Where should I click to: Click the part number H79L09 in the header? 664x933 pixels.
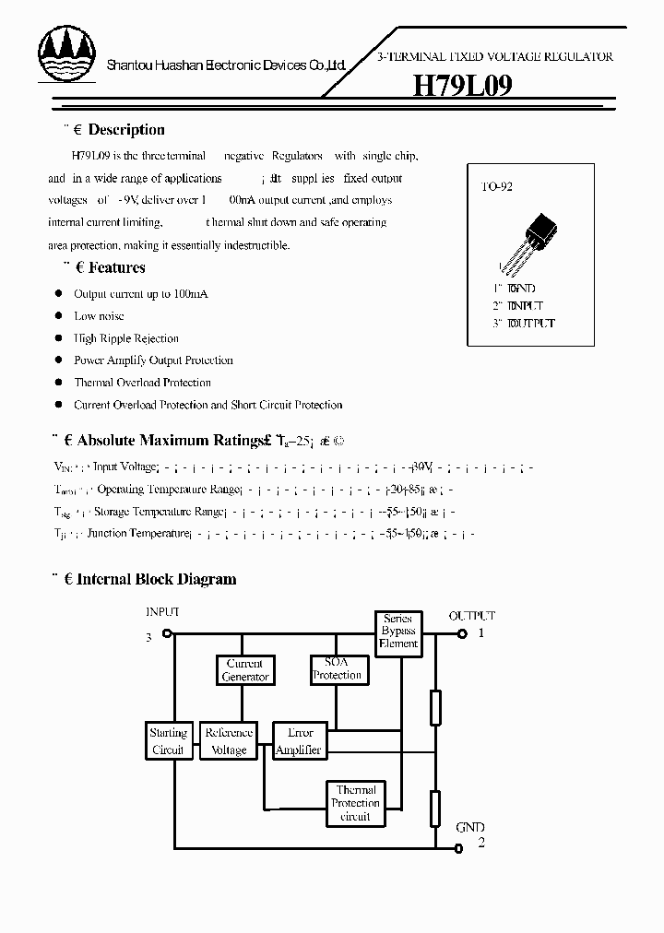461,86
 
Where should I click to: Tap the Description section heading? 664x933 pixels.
125,130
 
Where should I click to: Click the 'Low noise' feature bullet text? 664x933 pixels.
99,316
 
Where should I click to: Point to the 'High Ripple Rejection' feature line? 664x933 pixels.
126,338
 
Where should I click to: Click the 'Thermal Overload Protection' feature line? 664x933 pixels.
142,383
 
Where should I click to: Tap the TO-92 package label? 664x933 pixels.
497,186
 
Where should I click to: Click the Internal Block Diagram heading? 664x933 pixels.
156,580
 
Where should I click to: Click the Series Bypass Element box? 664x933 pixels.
398,632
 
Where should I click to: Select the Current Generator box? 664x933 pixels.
244,670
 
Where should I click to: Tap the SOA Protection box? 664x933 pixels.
337,669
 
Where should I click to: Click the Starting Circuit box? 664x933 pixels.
168,741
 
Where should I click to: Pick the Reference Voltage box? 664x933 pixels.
229,741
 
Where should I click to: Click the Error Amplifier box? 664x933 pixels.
300,741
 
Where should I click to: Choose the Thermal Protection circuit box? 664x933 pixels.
355,803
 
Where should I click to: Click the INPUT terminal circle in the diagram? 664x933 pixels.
167,634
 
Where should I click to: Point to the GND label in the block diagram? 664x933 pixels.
469,827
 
